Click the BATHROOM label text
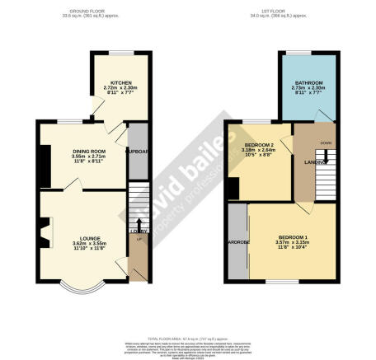click(x=309, y=82)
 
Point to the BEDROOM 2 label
click(x=260, y=146)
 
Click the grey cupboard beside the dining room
click(x=136, y=152)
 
